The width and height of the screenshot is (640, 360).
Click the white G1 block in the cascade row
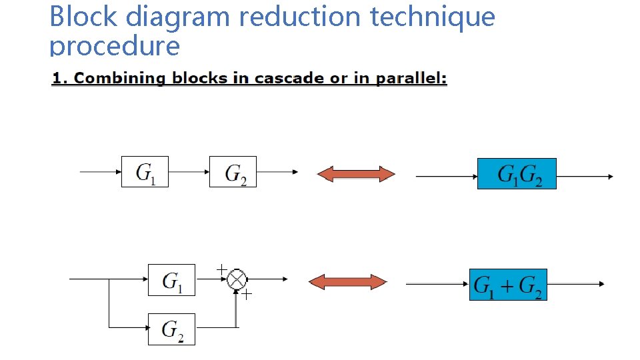(x=145, y=171)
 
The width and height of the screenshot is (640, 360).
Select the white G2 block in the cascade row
(x=233, y=171)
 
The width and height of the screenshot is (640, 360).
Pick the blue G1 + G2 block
(x=508, y=285)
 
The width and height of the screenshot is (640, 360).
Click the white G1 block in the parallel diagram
(x=171, y=280)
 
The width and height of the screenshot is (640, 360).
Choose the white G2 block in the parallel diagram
(x=171, y=329)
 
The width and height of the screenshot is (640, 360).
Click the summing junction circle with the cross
(x=237, y=280)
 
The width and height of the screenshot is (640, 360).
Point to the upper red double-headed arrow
(x=355, y=175)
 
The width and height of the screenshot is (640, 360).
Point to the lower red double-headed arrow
(x=347, y=283)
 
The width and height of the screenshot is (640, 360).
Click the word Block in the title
(x=84, y=16)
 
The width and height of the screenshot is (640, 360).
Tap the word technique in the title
(x=433, y=16)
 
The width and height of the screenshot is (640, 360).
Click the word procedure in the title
(x=115, y=45)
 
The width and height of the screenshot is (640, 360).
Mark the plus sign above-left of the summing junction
(x=221, y=269)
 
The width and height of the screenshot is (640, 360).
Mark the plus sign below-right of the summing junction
(x=247, y=295)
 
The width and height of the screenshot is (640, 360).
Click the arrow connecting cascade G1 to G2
(x=189, y=171)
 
